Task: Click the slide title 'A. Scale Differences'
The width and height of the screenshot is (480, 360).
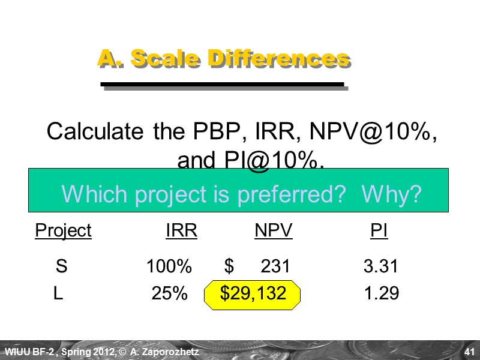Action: pos(223,59)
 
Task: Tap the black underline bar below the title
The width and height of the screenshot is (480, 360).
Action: pos(223,85)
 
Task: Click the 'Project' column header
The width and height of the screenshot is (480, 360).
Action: pos(63,231)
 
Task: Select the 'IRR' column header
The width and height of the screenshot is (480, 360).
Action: pos(181,231)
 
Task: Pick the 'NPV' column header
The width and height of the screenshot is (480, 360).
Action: pos(274,231)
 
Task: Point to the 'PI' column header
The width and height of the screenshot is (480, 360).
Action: pos(379,231)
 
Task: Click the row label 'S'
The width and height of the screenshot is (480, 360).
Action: pos(61,266)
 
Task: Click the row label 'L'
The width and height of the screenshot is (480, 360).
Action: pos(58,293)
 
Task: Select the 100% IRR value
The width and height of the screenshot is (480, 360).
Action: pos(169,266)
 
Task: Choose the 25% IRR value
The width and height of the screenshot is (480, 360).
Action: pos(170,293)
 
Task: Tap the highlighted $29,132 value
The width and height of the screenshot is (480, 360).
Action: pos(253,293)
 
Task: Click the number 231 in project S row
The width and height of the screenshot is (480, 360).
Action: pos(275,266)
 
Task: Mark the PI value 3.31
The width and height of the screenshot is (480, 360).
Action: pos(381,266)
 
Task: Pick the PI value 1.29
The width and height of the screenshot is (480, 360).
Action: pos(382,293)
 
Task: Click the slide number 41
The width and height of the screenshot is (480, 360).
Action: pos(470,351)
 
